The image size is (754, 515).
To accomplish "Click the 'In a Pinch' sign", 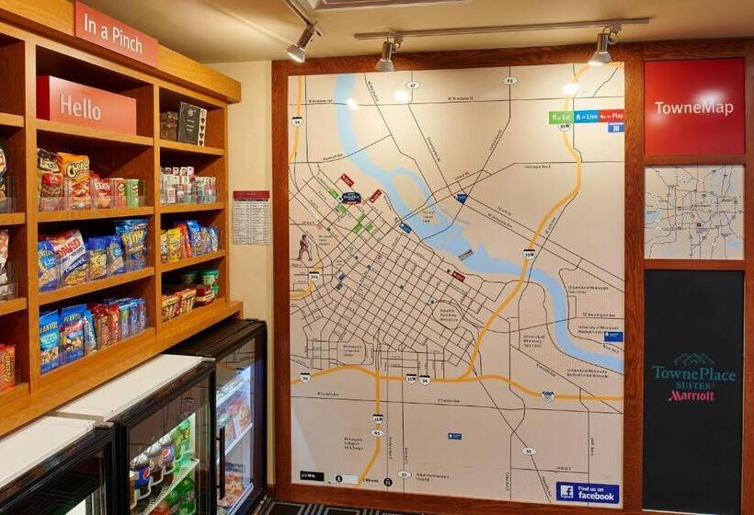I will (x=115, y=32).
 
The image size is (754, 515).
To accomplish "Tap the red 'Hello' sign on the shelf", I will (x=86, y=106).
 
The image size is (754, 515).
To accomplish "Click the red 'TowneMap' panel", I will (x=694, y=107).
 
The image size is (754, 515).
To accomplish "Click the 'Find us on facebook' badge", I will (x=588, y=492).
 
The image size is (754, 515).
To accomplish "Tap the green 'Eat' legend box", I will (x=560, y=118).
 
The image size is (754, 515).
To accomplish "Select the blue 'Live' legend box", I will (x=586, y=117).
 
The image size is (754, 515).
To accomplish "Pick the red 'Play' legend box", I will (x=611, y=117).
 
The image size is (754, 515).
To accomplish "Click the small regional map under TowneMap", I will (x=694, y=212).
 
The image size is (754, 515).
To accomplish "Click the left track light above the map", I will (x=387, y=54).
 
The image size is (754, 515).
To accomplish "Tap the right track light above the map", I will (x=602, y=47).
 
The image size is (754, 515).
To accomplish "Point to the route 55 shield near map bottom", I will (x=528, y=452).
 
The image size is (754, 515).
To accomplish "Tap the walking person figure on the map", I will (x=304, y=247).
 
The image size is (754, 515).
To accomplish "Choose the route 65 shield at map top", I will (x=509, y=80).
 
